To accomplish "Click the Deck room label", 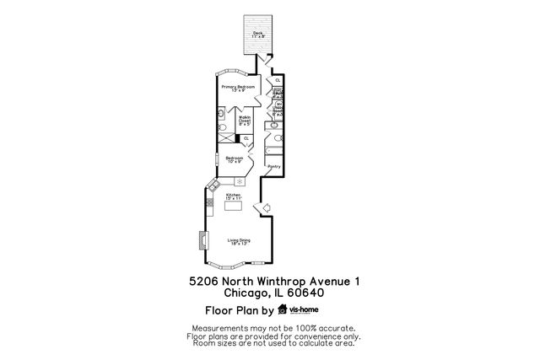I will tap(258, 35).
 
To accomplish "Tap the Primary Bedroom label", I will tap(239, 88).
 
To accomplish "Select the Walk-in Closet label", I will tap(244, 120).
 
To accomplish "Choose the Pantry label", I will tap(273, 166).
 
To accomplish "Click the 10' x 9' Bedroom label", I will tap(235, 159).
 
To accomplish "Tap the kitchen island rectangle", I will tap(234, 207).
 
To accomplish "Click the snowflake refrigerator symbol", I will tap(239, 181).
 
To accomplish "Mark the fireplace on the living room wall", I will tap(202, 241).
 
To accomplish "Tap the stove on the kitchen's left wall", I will tap(210, 201).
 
